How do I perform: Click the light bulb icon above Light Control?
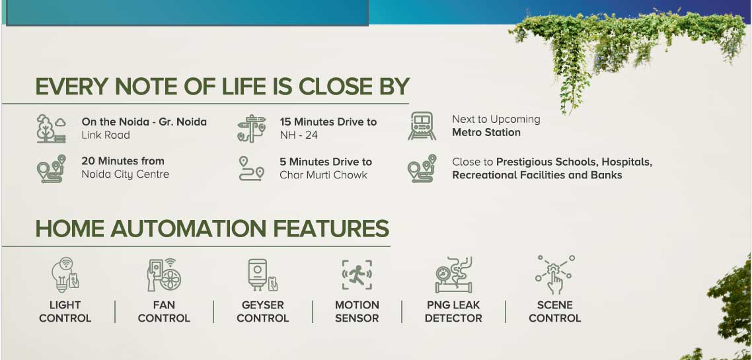click(x=65, y=275)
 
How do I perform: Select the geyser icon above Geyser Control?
click(x=262, y=275)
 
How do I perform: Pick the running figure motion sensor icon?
click(x=357, y=275)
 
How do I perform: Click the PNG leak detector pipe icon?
click(x=454, y=275)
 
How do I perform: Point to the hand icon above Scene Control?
click(x=555, y=275)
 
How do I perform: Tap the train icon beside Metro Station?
click(x=422, y=126)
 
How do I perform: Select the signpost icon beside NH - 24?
click(x=252, y=128)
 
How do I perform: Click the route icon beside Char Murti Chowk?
click(x=251, y=168)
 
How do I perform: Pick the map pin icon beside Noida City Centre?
click(x=52, y=168)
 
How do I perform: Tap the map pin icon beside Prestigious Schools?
click(x=422, y=168)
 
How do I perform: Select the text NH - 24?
click(x=299, y=135)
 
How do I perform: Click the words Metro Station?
click(x=486, y=132)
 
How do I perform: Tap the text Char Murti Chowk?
click(x=323, y=175)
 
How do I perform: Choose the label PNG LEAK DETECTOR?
click(x=453, y=312)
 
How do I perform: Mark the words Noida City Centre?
click(x=125, y=174)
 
